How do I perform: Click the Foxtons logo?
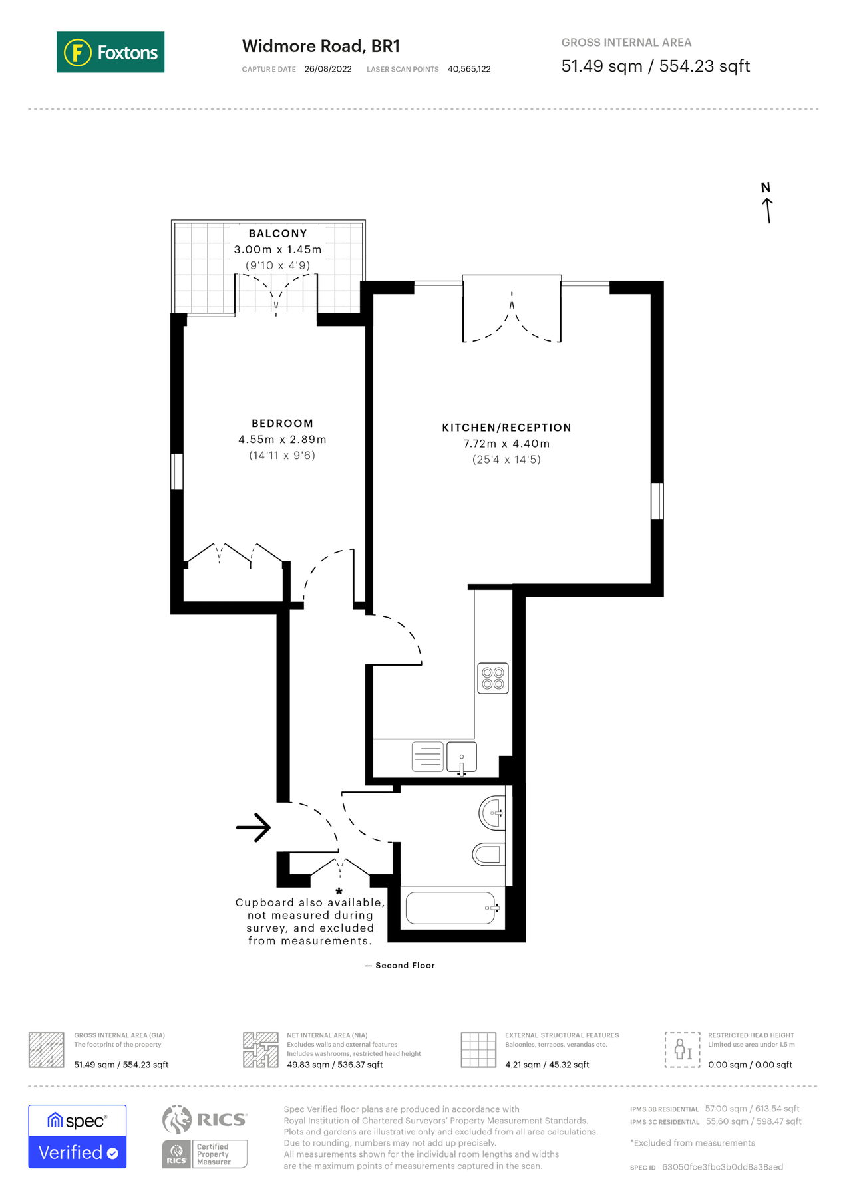click(x=110, y=52)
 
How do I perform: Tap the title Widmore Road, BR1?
click(x=321, y=46)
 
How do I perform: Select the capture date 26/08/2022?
click(x=327, y=69)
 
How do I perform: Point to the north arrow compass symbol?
click(x=767, y=205)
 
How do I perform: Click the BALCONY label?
click(x=277, y=233)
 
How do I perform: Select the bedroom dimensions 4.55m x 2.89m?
click(x=282, y=440)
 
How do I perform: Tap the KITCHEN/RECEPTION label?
click(x=506, y=428)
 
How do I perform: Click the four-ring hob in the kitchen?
click(x=493, y=678)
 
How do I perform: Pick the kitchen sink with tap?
click(x=462, y=758)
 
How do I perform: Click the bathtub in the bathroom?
click(x=451, y=908)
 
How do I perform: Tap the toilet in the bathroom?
click(x=489, y=854)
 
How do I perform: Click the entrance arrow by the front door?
click(x=254, y=827)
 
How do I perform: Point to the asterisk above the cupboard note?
click(x=339, y=891)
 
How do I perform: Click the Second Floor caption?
click(x=400, y=965)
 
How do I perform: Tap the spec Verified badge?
click(x=77, y=1136)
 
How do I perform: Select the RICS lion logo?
click(x=177, y=1119)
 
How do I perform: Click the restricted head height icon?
click(x=682, y=1049)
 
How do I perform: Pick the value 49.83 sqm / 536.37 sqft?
click(x=335, y=1065)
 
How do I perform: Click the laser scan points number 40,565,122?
click(x=469, y=69)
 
